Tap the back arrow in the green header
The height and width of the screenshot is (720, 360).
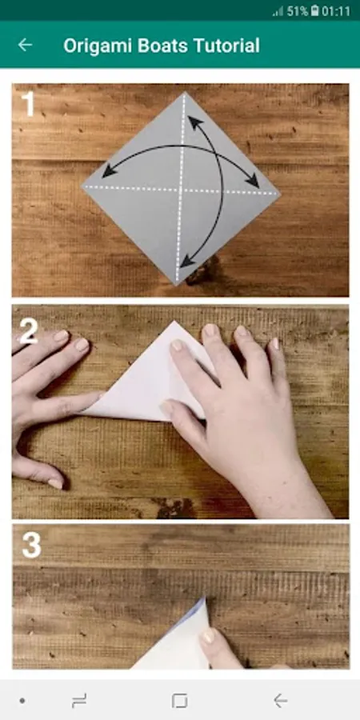click(x=25, y=45)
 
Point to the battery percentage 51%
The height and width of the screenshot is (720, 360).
click(x=298, y=11)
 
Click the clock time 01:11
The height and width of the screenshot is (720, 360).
click(x=336, y=11)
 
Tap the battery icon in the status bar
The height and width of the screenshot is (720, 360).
click(x=314, y=11)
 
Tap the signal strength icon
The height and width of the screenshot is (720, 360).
click(x=278, y=11)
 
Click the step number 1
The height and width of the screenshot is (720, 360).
click(x=29, y=103)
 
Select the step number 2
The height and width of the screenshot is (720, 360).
click(x=29, y=330)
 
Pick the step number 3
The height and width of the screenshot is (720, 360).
click(x=32, y=545)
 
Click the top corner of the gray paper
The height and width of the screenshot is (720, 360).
click(x=185, y=92)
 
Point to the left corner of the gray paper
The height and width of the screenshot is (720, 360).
click(x=82, y=186)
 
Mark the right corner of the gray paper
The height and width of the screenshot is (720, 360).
click(x=280, y=193)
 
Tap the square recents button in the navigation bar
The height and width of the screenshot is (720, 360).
click(x=179, y=701)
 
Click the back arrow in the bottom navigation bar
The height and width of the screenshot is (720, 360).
click(x=280, y=701)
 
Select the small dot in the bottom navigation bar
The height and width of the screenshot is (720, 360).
click(x=22, y=701)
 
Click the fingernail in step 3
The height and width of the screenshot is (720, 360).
click(x=208, y=636)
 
